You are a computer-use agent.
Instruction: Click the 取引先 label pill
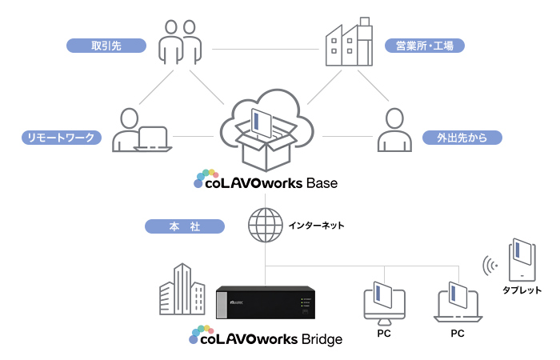[x=106, y=45]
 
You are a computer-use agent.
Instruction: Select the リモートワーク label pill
[x=60, y=138]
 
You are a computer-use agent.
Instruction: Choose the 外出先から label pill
[x=462, y=138]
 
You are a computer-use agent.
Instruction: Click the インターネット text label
[x=316, y=226]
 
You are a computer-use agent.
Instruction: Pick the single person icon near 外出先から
[x=392, y=130]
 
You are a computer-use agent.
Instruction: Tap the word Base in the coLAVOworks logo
[x=321, y=183]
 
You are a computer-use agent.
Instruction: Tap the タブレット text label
[x=522, y=290]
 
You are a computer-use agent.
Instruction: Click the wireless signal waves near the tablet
[x=490, y=264]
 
